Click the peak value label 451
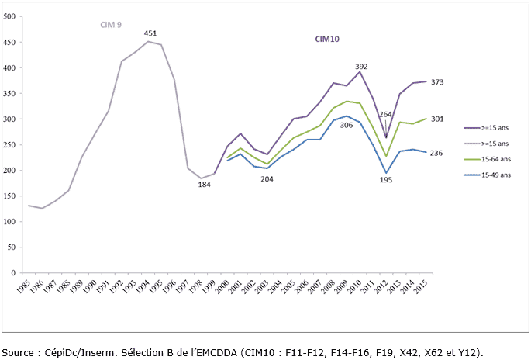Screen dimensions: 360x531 click(x=151, y=33)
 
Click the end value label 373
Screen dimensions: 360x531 click(x=437, y=82)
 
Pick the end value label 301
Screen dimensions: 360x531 click(x=437, y=119)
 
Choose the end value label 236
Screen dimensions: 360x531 click(x=437, y=153)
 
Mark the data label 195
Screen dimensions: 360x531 click(x=386, y=181)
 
